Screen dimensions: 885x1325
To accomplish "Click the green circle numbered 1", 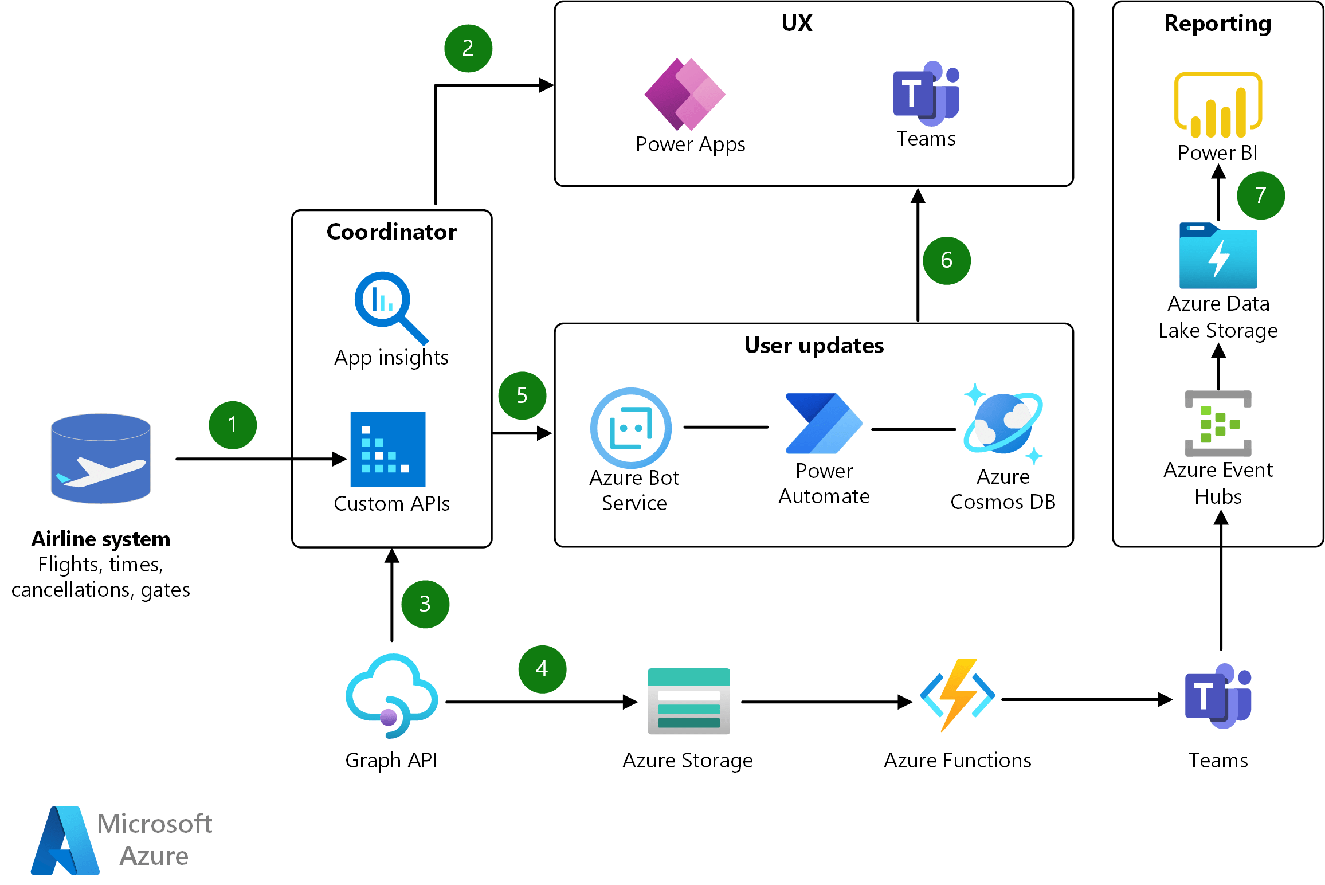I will [x=233, y=425].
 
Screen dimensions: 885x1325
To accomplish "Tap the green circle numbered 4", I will [x=542, y=669].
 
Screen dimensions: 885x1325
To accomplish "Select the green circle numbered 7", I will [x=1260, y=195].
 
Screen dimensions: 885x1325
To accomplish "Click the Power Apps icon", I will [x=685, y=95].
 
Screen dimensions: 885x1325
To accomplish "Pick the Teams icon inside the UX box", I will [x=926, y=93].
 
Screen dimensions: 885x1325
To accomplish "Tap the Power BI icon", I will [x=1218, y=105].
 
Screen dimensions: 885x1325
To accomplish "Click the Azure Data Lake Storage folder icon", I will [x=1218, y=256].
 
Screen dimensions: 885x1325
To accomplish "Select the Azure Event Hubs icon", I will [x=1218, y=424].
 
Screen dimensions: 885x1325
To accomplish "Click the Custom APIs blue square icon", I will [x=388, y=449].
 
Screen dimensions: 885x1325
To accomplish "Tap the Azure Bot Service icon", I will [x=631, y=428].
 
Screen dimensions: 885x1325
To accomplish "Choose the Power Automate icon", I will [x=824, y=424].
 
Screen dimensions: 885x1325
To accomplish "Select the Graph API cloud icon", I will [x=391, y=696].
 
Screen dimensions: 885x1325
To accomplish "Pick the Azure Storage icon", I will [x=689, y=701].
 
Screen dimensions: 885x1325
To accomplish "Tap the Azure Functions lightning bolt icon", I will [x=958, y=695].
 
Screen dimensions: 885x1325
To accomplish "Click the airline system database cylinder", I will [x=101, y=459].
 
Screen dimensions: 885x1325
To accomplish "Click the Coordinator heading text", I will [x=391, y=232].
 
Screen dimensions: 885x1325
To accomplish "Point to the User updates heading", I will [x=814, y=346].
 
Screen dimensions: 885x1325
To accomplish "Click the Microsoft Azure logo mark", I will [x=65, y=840].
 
